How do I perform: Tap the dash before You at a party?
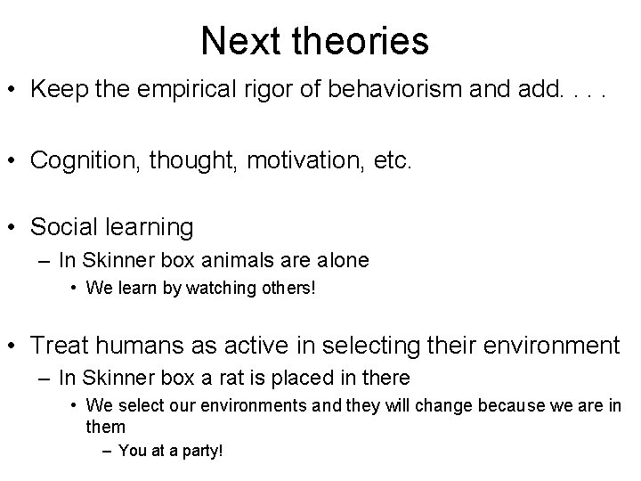[x=107, y=452]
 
